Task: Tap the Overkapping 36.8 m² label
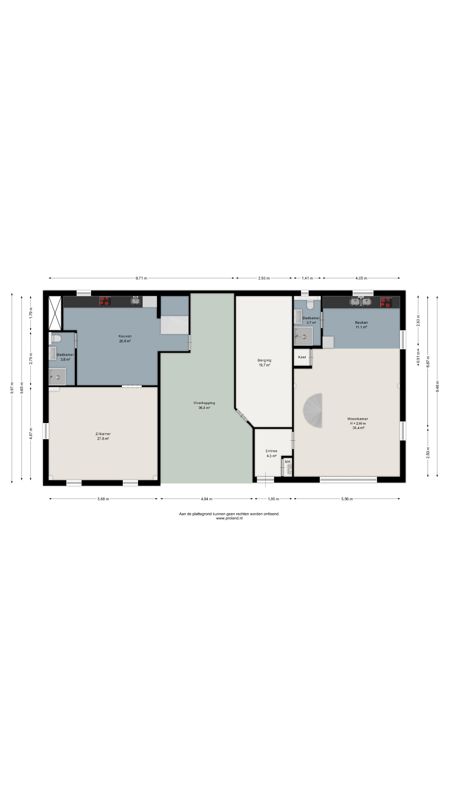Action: pos(204,405)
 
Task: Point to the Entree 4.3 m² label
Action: pos(271,453)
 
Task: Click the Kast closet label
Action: pos(302,357)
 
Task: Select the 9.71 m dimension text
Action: pos(141,278)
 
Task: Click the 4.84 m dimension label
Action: pos(207,499)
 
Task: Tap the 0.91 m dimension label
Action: pos(418,358)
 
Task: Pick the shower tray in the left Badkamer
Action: pos(57,376)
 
